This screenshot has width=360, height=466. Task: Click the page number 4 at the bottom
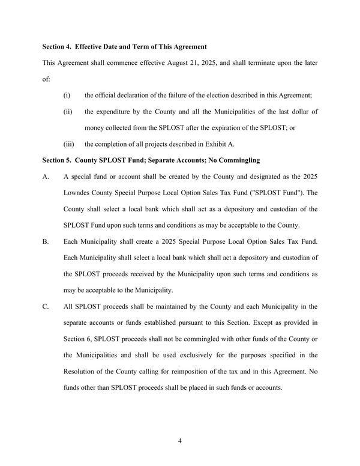pyautogui.click(x=180, y=441)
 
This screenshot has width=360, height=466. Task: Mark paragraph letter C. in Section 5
pyautogui.click(x=46, y=306)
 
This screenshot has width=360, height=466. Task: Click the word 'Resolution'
pyautogui.click(x=81, y=371)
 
